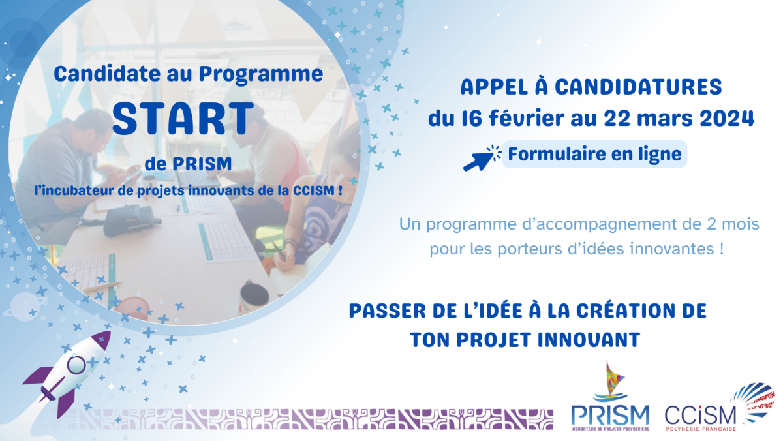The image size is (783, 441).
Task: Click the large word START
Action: [183, 119]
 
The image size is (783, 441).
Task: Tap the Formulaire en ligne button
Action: [594, 154]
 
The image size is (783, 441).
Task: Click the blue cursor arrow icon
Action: [482, 158]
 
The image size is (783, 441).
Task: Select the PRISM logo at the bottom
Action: [610, 397]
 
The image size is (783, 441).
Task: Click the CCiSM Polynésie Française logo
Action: [719, 408]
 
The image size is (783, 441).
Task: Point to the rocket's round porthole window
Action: [76, 365]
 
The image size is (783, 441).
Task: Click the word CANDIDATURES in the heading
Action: [638, 87]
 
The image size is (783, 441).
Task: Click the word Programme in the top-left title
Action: [261, 75]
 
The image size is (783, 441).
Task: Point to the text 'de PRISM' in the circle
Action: [188, 164]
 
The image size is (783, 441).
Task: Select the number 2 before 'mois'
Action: [711, 224]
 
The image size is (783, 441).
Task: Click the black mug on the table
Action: [254, 297]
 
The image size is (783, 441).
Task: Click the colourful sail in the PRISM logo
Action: [614, 378]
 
